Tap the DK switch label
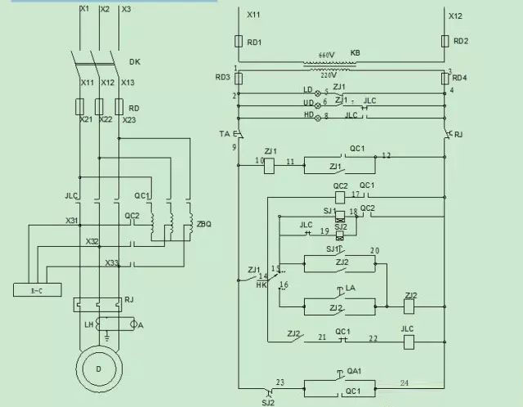tap(135, 61)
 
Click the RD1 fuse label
tap(254, 42)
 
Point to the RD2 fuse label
tap(461, 42)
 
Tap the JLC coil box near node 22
tap(408, 341)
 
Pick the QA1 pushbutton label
tap(354, 372)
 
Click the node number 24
tap(403, 382)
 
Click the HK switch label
tap(262, 285)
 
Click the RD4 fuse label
tap(461, 78)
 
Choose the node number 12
tap(387, 155)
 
